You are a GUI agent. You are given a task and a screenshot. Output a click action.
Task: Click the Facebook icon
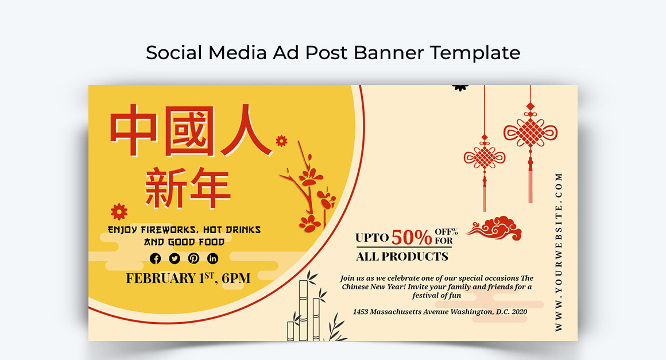(x=156, y=258)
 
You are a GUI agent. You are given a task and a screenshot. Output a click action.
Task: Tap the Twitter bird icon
(x=175, y=258)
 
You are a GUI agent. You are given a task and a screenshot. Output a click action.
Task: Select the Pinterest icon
(x=193, y=258)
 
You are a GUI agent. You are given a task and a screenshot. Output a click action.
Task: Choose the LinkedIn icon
(x=213, y=258)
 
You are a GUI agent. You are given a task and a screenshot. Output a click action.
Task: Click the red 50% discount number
(x=412, y=237)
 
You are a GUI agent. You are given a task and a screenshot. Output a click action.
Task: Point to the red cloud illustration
(x=494, y=228)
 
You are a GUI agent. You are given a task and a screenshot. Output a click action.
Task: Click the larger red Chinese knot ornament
(x=530, y=144)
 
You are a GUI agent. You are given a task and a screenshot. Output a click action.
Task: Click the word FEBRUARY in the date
(x=161, y=278)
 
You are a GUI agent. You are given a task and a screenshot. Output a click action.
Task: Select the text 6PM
(x=236, y=278)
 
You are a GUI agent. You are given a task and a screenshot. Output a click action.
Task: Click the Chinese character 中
(x=133, y=130)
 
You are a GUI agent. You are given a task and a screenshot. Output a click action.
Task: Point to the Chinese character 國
(x=189, y=131)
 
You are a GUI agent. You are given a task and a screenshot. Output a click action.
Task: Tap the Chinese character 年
(x=210, y=188)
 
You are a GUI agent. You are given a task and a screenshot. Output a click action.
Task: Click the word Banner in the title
(x=389, y=53)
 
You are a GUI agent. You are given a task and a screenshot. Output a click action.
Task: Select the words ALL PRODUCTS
(x=402, y=257)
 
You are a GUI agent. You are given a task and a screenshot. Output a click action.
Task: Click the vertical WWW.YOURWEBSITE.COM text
(x=559, y=251)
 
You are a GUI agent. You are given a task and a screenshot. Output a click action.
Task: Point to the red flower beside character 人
(x=281, y=141)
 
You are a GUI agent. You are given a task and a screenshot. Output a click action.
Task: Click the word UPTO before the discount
(x=372, y=238)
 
